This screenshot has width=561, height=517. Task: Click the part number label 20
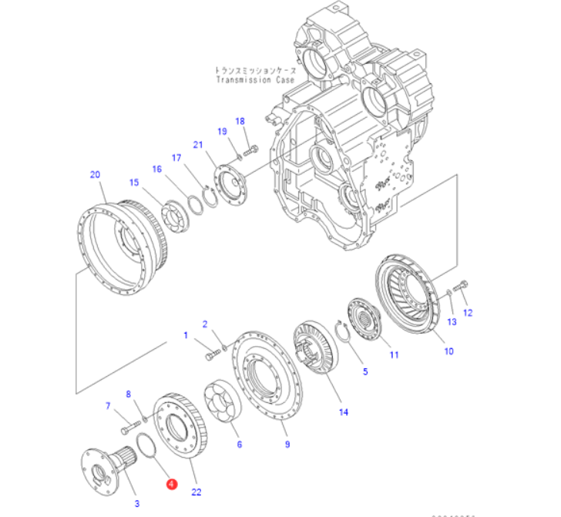[x=96, y=174]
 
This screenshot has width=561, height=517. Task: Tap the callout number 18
[x=240, y=121]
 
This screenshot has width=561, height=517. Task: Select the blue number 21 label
[x=197, y=145]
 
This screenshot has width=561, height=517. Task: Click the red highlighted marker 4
[x=172, y=484]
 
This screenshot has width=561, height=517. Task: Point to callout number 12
[x=467, y=312]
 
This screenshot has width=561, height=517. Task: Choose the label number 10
[x=448, y=351]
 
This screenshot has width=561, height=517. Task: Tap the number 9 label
[x=287, y=444]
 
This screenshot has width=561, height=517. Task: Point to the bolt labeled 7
[x=127, y=422]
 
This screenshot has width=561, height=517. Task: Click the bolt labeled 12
[x=461, y=287]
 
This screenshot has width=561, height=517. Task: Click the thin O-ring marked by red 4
[x=144, y=446]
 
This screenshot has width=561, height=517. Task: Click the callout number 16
[x=156, y=169]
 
